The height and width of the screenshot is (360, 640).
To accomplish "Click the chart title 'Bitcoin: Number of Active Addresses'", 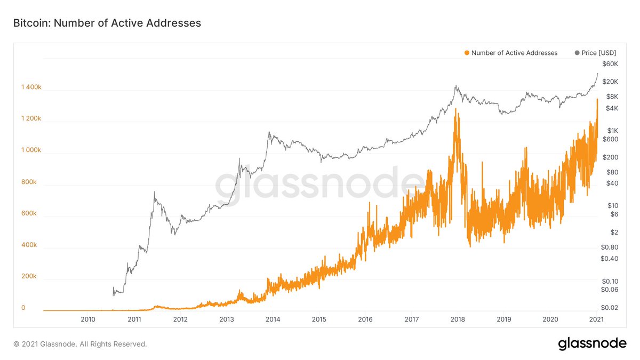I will [107, 23].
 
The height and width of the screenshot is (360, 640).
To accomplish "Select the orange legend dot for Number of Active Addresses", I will [467, 53].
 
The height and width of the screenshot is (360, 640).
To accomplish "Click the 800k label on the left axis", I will [29, 182].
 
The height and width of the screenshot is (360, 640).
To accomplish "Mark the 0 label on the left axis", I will [23, 308].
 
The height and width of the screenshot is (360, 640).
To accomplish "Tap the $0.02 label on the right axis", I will [610, 308].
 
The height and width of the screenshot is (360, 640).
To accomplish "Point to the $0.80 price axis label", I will [610, 247].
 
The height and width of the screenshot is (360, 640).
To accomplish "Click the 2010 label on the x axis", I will [88, 319].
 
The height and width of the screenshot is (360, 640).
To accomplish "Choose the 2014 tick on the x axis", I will [273, 319].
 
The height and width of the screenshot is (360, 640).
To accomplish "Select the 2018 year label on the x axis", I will [458, 319].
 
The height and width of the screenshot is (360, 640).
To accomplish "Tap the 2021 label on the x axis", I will [597, 319].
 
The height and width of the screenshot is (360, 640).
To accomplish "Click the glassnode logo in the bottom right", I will [592, 344].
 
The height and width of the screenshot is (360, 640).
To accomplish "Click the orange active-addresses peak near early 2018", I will [457, 110].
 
